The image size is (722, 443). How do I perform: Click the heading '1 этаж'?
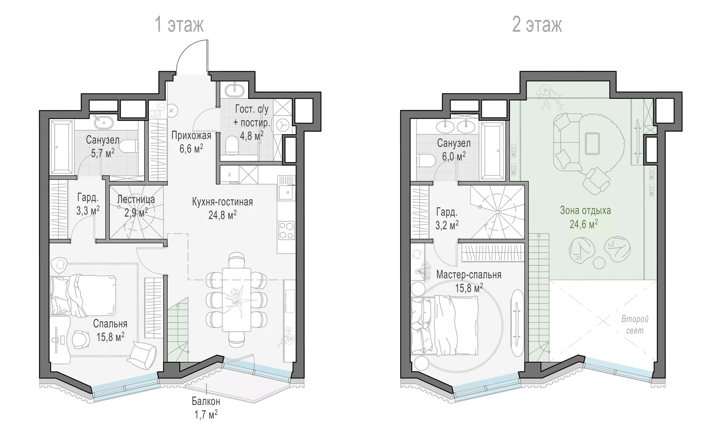point(179,25)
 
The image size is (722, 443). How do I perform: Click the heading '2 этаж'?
point(537,25)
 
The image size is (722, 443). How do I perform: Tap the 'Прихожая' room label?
point(191,135)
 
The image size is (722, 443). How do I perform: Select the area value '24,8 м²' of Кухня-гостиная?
point(222,215)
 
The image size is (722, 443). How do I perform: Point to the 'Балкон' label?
point(206,401)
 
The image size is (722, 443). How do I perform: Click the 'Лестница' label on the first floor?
point(136,199)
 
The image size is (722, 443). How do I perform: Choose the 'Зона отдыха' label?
point(585,210)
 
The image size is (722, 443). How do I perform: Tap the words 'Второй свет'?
point(635,325)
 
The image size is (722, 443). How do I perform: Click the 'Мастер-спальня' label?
point(469,275)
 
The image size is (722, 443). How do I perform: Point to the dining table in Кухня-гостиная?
point(236,299)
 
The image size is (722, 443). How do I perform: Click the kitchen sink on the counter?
point(286,192)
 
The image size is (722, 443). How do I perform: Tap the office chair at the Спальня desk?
point(81,339)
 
